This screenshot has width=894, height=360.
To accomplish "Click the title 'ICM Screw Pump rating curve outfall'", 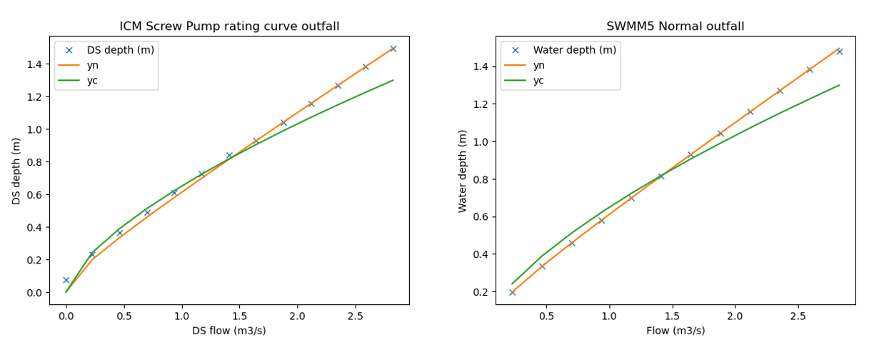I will click(229, 26).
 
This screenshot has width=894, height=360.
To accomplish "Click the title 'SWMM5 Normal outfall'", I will click(675, 26).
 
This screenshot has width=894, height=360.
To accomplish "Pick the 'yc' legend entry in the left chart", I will click(92, 80).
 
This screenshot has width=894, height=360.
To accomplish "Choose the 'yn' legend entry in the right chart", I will click(538, 65).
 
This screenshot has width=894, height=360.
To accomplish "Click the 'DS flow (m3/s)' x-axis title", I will click(229, 331).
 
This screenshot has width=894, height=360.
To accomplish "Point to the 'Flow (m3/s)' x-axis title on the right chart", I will click(675, 331).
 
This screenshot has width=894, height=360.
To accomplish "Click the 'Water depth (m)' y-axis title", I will click(463, 171).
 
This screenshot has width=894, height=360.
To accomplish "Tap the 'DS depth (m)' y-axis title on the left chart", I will click(16, 171).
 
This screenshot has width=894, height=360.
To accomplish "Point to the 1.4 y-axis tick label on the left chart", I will click(35, 64).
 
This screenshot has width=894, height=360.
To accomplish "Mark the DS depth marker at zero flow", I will click(66, 280).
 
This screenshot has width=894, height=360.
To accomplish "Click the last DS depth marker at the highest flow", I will click(393, 49).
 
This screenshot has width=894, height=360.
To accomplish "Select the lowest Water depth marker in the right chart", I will click(512, 292).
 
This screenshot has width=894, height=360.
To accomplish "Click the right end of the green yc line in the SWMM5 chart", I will click(839, 85).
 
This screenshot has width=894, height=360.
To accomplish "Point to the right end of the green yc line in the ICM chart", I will click(393, 80).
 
